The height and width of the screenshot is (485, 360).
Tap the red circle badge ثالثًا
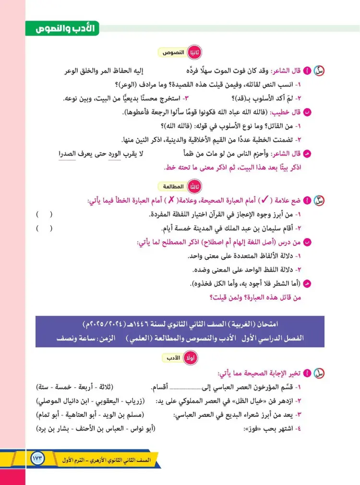click(195, 187)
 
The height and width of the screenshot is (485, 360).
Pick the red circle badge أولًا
click(194, 358)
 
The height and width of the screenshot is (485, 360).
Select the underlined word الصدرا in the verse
click(68, 154)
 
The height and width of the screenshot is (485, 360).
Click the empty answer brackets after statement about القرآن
click(44, 214)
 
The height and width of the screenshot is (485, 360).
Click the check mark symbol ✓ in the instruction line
click(264, 200)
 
